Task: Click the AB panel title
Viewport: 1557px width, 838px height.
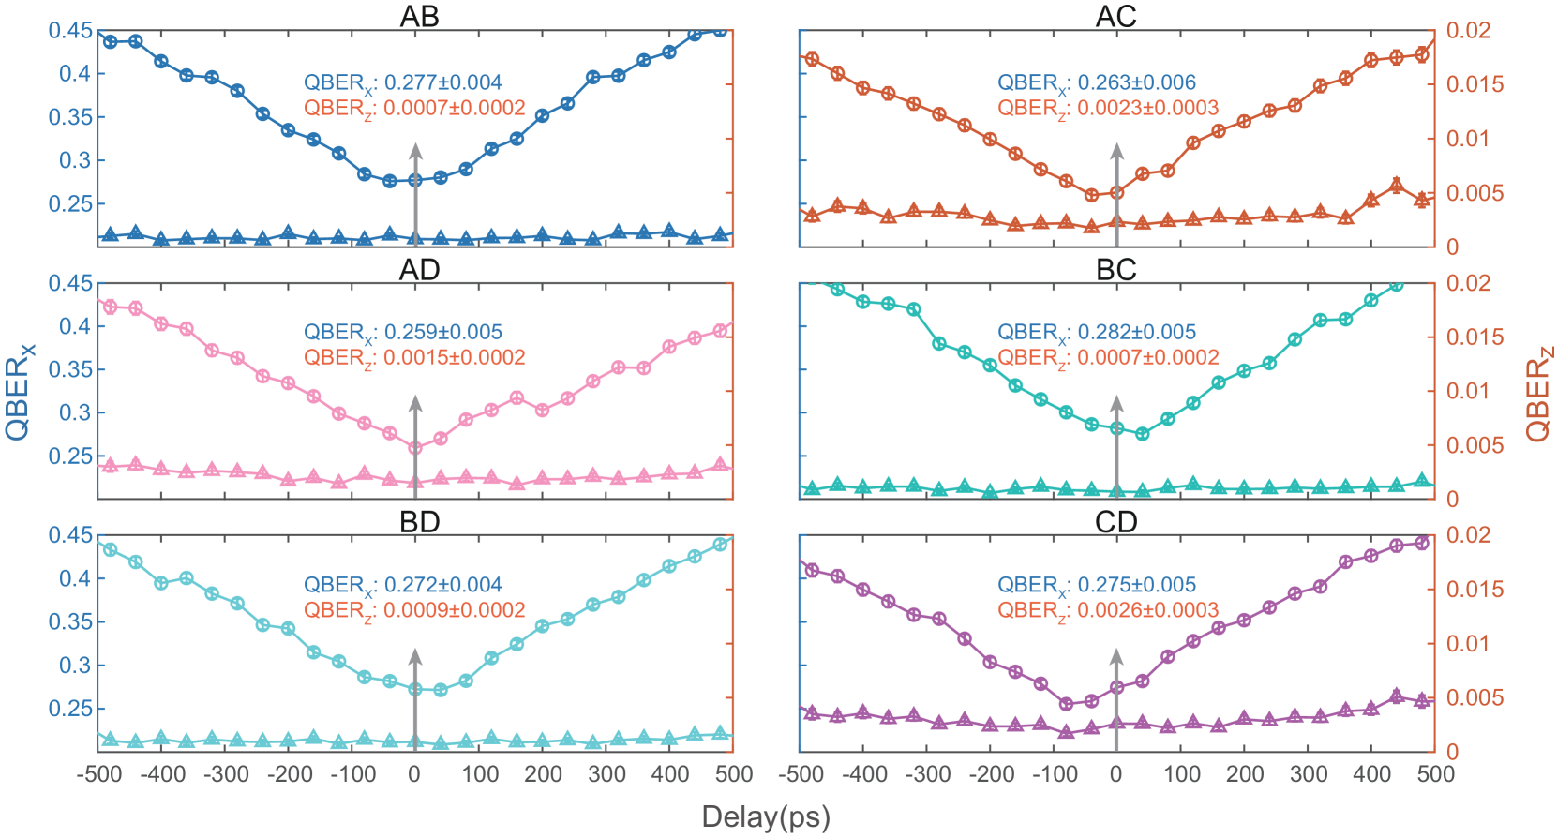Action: (x=419, y=16)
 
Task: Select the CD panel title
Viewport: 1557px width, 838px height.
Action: (x=1115, y=521)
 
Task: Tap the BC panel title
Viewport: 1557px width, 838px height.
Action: (x=1115, y=269)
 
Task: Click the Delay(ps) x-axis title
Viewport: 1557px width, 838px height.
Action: (x=766, y=816)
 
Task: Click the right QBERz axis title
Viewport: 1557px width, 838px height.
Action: (x=1538, y=393)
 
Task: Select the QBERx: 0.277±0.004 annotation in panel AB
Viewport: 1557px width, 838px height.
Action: (x=402, y=83)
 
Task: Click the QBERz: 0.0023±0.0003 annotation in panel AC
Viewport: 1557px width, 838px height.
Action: (x=1107, y=109)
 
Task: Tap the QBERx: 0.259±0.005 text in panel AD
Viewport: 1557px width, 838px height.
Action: (x=402, y=333)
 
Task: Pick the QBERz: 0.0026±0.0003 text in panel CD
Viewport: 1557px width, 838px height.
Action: (x=1107, y=610)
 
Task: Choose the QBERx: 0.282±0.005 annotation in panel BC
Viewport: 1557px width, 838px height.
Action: (x=1096, y=333)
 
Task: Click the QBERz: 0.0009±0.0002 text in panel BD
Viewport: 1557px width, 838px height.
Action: (x=413, y=610)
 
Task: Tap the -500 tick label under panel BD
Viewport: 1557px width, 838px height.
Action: (x=99, y=774)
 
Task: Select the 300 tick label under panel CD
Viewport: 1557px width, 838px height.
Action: (x=1308, y=774)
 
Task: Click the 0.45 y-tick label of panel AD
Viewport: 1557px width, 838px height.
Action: (x=70, y=283)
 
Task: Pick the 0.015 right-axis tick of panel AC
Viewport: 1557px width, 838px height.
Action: (x=1474, y=84)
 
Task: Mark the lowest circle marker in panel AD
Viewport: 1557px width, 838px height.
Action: (x=415, y=448)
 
